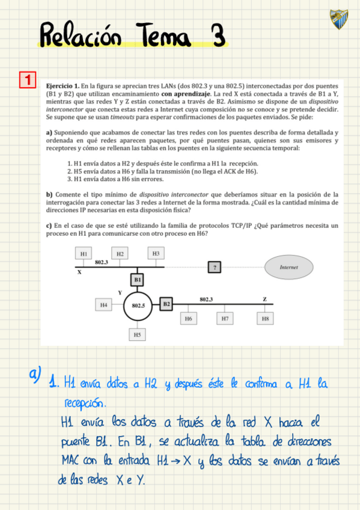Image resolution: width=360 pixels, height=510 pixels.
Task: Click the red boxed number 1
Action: [x=28, y=79]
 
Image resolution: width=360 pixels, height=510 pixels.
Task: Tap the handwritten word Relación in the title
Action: [x=84, y=35]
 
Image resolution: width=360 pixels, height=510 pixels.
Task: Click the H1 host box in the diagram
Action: [x=84, y=254]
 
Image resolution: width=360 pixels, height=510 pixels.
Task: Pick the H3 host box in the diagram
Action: [x=156, y=253]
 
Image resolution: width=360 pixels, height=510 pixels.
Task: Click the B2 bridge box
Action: [x=167, y=304]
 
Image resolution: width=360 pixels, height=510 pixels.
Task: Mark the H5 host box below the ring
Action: [x=138, y=334]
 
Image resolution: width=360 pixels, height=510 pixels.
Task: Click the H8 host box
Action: [x=265, y=319]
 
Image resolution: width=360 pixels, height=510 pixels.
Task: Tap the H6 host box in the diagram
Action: [x=189, y=319]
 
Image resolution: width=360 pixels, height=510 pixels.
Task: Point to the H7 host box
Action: [x=225, y=319]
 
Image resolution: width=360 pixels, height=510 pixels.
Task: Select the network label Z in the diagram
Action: [x=264, y=299]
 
